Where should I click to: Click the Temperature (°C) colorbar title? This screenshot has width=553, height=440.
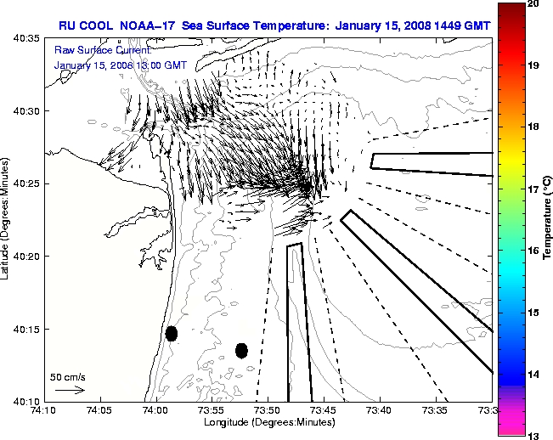548,220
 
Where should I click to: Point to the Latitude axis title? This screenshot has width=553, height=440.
6,220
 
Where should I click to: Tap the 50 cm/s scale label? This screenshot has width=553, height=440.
67,376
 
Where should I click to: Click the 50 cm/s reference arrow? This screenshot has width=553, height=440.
69,390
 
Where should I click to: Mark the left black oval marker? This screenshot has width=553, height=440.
172,333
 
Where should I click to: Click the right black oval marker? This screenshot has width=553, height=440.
241,350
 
